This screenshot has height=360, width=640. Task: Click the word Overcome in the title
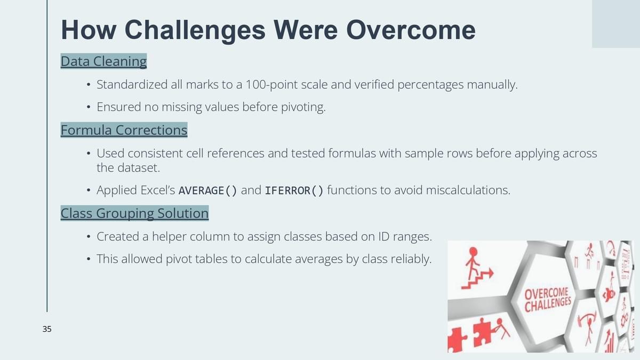tap(411, 30)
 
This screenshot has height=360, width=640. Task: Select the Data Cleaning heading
tap(103, 61)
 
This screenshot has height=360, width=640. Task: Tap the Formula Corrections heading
tap(124, 130)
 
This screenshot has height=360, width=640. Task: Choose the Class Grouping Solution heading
tap(134, 213)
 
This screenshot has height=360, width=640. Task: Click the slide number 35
tap(47, 329)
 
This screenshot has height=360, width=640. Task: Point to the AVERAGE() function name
tap(207, 190)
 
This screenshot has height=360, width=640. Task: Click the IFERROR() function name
tap(294, 190)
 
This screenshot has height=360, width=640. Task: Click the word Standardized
tap(132, 85)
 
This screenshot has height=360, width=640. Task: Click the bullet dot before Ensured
tap(89, 107)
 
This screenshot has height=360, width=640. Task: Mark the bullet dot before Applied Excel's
tap(89, 190)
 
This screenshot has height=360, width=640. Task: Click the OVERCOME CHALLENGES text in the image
tap(547, 300)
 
